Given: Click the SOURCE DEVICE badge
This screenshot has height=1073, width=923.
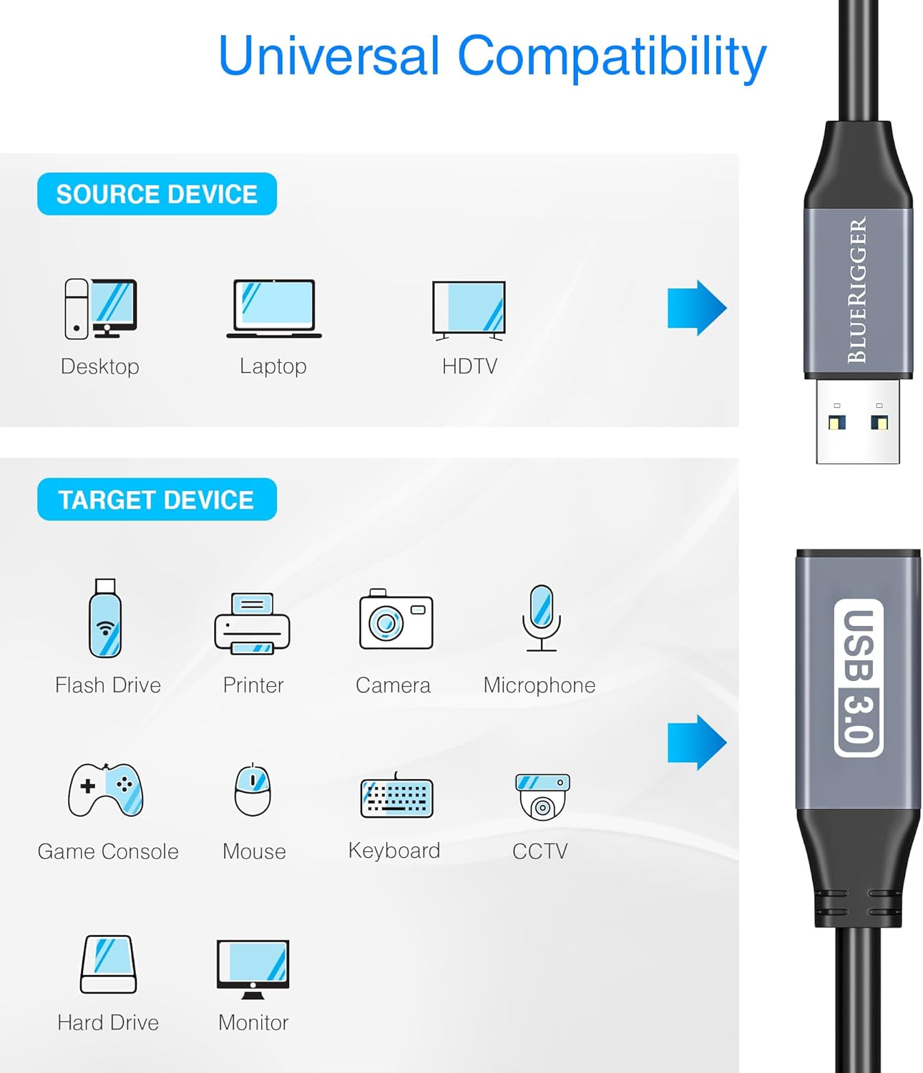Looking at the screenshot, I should click(x=157, y=194).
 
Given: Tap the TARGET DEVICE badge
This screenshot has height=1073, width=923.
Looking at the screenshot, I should click(x=157, y=499).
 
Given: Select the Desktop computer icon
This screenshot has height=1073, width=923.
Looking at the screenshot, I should click(x=100, y=308).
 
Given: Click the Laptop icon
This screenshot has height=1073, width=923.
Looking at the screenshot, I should click(x=274, y=308).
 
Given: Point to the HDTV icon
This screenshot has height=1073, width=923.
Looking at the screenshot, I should click(x=469, y=309).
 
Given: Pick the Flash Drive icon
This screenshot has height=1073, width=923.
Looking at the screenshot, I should click(x=105, y=618).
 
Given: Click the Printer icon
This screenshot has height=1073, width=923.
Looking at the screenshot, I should click(x=252, y=622).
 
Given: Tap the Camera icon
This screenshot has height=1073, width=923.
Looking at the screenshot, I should click(x=396, y=619).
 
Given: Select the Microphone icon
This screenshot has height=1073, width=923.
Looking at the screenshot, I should click(x=542, y=618).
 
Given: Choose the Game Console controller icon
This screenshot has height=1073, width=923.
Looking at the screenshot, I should click(x=106, y=790).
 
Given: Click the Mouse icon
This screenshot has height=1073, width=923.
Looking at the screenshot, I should click(x=253, y=790).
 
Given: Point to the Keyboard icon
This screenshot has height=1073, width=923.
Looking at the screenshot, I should click(x=396, y=796).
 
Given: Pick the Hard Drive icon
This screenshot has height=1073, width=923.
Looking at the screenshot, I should click(x=108, y=964).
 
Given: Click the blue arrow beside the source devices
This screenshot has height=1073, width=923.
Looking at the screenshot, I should click(x=696, y=308).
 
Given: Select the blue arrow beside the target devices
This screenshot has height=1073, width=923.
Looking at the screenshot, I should click(x=696, y=743).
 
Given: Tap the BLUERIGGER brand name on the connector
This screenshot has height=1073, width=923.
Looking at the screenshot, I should click(x=857, y=290).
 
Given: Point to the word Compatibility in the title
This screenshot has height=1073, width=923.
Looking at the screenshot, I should click(x=612, y=57).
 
